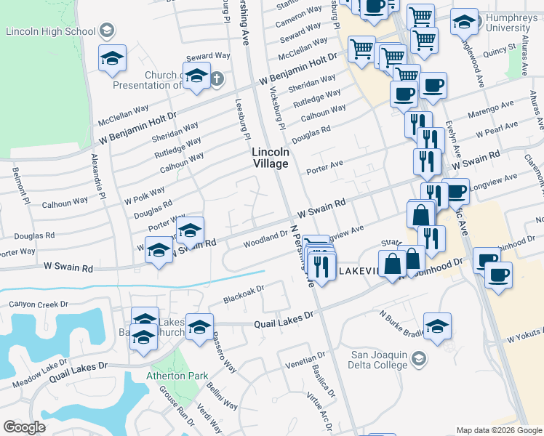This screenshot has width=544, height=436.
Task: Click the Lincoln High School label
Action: click(x=49, y=32)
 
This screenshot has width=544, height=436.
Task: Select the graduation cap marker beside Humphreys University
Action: click(x=464, y=23)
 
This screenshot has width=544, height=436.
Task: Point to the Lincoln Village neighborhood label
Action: click(x=271, y=158)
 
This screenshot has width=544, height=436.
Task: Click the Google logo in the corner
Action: click(x=24, y=427)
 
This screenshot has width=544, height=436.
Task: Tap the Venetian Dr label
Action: click(x=305, y=361)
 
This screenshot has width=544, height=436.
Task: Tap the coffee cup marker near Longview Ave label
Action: click(x=456, y=193)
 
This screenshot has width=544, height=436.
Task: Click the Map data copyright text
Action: click(x=498, y=430)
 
